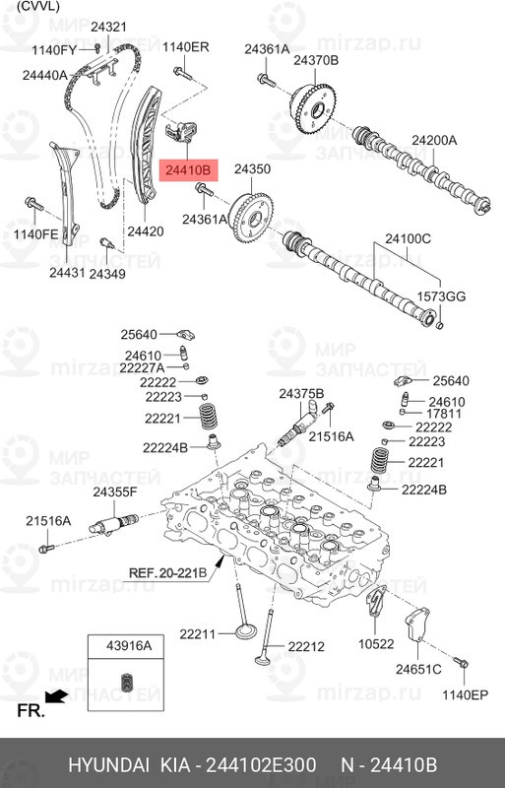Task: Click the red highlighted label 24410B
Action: pyautogui.click(x=188, y=171)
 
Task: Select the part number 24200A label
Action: pyautogui.click(x=434, y=140)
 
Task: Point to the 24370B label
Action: pyautogui.click(x=315, y=61)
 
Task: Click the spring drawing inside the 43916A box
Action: pyautogui.click(x=124, y=682)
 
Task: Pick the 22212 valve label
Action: pyautogui.click(x=305, y=647)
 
